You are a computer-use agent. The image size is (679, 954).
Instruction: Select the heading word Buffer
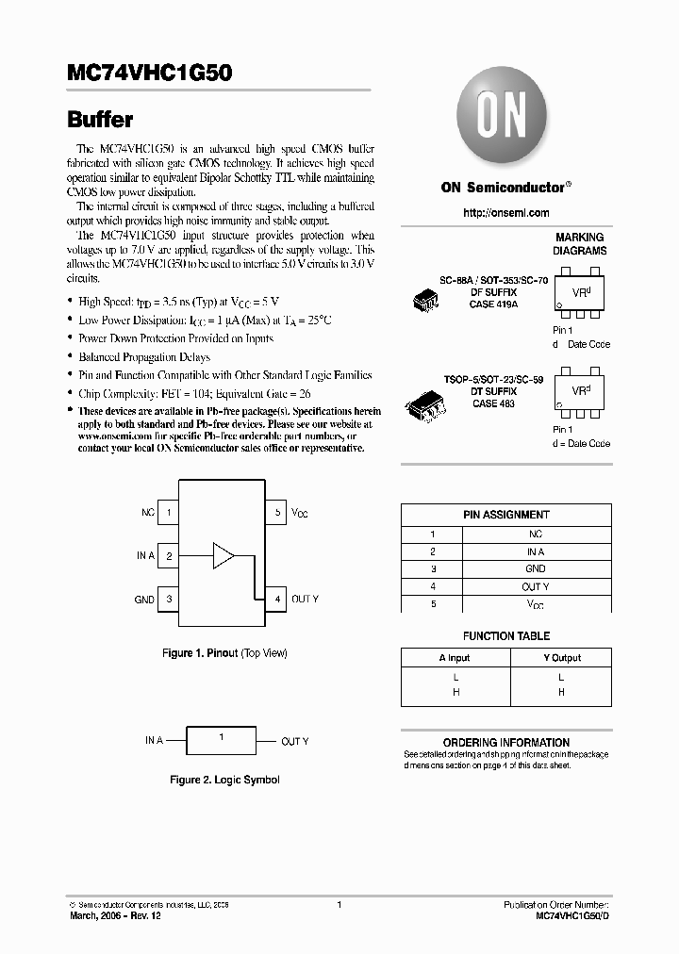click(x=99, y=120)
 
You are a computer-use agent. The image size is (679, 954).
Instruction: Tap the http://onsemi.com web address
click(x=506, y=213)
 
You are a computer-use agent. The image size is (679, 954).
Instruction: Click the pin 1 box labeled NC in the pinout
click(x=168, y=513)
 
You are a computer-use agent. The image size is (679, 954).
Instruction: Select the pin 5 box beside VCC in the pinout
click(x=276, y=513)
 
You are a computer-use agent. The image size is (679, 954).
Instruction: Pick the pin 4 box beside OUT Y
click(x=276, y=599)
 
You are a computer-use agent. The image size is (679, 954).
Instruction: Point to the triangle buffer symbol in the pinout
click(x=223, y=555)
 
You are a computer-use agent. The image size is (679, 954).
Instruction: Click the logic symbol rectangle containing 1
click(x=222, y=741)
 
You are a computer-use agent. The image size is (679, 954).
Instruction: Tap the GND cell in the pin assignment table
click(x=535, y=569)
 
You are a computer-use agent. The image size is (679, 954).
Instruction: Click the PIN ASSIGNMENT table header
click(x=506, y=515)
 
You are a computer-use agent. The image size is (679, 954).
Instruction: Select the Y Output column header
click(x=561, y=657)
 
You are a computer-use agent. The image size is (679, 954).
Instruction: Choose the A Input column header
click(x=455, y=657)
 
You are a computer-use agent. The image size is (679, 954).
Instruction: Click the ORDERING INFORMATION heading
click(x=506, y=742)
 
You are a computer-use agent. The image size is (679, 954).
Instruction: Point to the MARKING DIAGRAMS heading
click(x=580, y=244)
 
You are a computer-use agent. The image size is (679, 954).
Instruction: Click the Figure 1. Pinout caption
click(x=224, y=653)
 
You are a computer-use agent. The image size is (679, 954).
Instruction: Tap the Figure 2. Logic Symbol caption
click(x=224, y=780)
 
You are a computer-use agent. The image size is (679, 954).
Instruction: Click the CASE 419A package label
click(x=495, y=304)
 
